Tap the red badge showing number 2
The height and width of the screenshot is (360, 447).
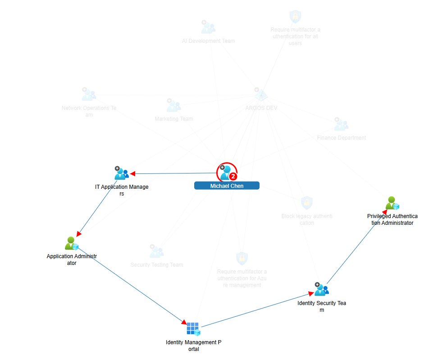[x=233, y=176]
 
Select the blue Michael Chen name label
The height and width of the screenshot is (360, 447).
[x=227, y=186]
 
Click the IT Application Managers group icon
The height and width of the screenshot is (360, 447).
[x=121, y=173]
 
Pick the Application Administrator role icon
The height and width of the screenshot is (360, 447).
[x=71, y=243]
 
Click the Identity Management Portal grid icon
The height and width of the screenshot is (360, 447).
[x=193, y=329]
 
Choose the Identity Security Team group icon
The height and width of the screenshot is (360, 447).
[x=321, y=289]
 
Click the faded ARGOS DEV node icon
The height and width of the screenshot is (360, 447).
[x=260, y=94]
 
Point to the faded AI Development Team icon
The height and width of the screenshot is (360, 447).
[x=208, y=27]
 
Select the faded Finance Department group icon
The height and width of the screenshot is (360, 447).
[x=341, y=124]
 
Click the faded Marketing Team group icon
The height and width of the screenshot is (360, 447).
[x=173, y=105]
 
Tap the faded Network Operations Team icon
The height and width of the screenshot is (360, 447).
[x=89, y=94]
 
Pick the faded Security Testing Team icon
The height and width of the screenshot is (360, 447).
[x=156, y=251]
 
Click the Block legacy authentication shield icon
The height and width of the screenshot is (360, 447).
[x=306, y=202]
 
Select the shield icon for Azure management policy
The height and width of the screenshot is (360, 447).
[x=242, y=258]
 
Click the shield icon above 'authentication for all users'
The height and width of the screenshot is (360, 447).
[x=295, y=16]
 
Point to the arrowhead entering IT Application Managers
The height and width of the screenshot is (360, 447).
[x=133, y=173]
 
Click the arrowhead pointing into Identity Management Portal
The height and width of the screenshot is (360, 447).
[x=184, y=322]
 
